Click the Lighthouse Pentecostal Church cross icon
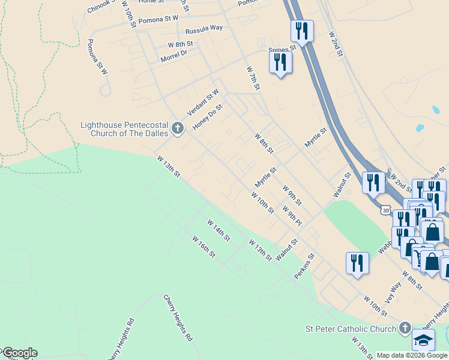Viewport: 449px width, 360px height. [x=177, y=128]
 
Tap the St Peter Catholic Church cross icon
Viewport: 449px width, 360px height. [x=405, y=328]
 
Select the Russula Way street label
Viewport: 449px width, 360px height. [x=204, y=29]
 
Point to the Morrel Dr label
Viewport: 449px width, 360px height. [x=174, y=56]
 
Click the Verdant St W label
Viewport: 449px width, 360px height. [x=203, y=102]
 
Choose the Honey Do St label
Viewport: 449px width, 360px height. [x=208, y=118]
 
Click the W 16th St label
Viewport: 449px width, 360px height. [x=204, y=247]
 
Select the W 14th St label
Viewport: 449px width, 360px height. [x=218, y=230]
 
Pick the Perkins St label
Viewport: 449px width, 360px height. [x=304, y=266]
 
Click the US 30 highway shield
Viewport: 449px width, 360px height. [x=385, y=210]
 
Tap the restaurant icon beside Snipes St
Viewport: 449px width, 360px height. [x=280, y=62]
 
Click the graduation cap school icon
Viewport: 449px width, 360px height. [x=423, y=340]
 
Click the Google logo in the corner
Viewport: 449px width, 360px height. [x=19, y=353]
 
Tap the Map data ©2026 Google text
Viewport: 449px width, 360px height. [x=412, y=355]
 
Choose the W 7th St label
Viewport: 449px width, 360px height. [x=253, y=79]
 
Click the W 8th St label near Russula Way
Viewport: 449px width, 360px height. [x=180, y=44]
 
